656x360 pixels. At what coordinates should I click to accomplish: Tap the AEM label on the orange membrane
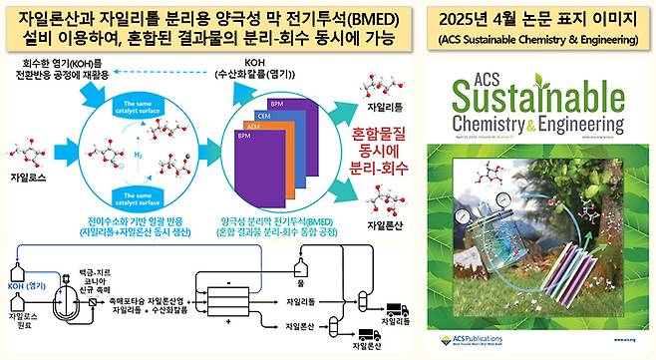point(252,126)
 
